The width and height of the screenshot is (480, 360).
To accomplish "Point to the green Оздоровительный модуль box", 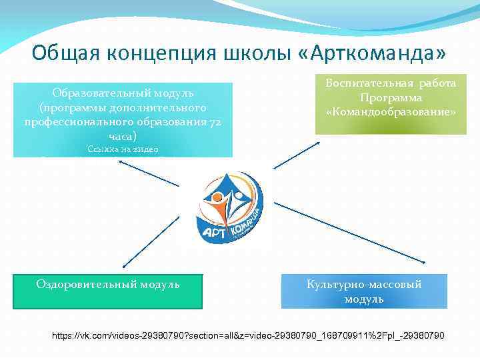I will click(108, 291).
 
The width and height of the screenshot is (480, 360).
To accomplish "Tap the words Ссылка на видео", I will click(123, 149).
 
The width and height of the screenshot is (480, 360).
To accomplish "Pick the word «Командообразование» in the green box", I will click(391, 112).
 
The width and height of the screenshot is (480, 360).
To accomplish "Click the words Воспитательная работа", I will click(391, 83).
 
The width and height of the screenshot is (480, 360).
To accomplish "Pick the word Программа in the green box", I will click(391, 98).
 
